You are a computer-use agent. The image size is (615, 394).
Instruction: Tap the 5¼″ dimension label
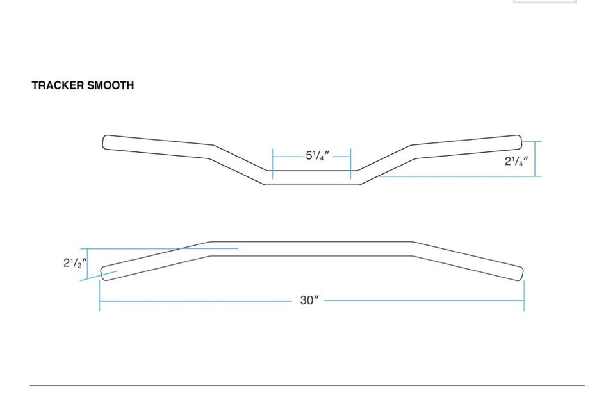click(317, 156)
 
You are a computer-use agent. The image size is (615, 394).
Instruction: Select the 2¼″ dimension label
click(516, 161)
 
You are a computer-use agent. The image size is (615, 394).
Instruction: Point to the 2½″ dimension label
click(75, 263)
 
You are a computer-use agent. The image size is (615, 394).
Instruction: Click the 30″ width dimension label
click(309, 300)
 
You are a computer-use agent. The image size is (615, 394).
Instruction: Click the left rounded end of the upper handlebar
click(105, 142)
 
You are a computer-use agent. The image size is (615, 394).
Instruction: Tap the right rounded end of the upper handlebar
click(520, 142)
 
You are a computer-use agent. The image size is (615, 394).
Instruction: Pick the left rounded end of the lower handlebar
click(104, 274)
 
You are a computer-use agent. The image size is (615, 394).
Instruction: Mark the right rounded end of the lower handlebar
click(520, 274)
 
